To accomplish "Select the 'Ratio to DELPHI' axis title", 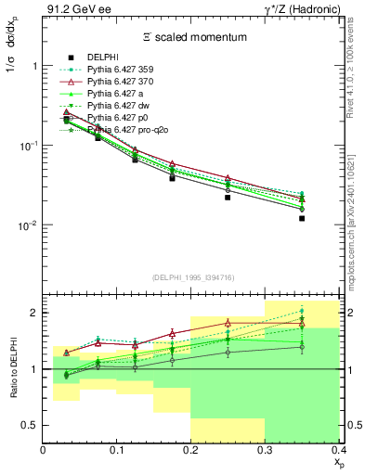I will pyautogui.click(x=14, y=369).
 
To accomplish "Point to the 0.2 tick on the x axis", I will pyautogui.click(x=190, y=450).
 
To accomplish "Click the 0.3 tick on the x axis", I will pyautogui.click(x=265, y=450).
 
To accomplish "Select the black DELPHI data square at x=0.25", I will pyautogui.click(x=228, y=198).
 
